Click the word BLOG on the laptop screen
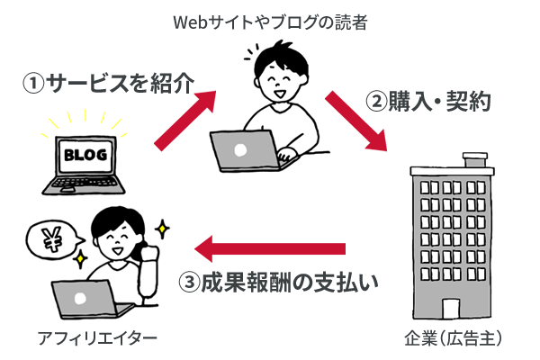click(85, 155)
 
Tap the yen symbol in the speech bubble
click(52, 238)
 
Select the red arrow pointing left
click(270, 248)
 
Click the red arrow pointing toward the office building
click(356, 121)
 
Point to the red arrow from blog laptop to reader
click(185, 121)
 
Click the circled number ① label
click(33, 84)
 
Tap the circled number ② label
click(376, 102)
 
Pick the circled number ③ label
click(189, 283)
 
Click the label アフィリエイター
click(97, 338)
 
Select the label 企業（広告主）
click(454, 338)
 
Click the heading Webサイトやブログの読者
click(270, 22)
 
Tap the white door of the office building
click(451, 309)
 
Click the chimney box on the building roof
click(475, 160)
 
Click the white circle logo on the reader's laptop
click(240, 150)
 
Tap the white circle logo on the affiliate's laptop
click(80, 299)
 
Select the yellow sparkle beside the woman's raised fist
click(162, 229)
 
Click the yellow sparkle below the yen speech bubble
click(81, 258)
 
